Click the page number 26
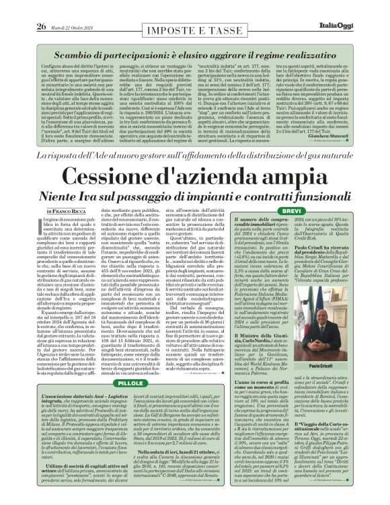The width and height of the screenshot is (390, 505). (22, 7)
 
